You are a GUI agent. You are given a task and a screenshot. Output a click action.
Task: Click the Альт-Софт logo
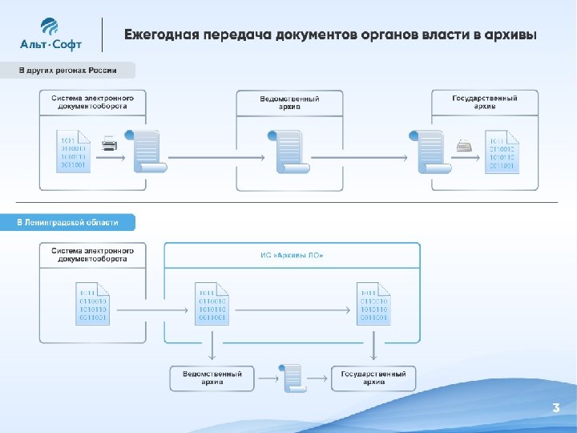pyautogui.click(x=50, y=35)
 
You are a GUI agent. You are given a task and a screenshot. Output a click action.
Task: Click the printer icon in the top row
pyautogui.click(x=110, y=145)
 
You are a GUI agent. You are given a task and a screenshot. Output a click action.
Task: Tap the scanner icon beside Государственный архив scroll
pyautogui.click(x=465, y=145)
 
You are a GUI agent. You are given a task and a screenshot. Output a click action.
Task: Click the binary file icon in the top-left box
pyautogui.click(x=74, y=151)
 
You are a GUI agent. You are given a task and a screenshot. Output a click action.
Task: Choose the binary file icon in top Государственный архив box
pyautogui.click(x=502, y=152)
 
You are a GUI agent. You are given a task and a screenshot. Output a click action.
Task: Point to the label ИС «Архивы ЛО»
pyautogui.click(x=292, y=255)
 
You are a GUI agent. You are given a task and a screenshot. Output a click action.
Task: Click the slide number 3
pyautogui.click(x=555, y=408)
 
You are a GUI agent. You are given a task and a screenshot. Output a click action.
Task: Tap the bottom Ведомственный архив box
pyautogui.click(x=212, y=378)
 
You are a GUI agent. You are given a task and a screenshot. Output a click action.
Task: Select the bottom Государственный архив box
pyautogui.click(x=373, y=378)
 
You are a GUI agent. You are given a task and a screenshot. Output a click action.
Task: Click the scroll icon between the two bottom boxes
pyautogui.click(x=293, y=377)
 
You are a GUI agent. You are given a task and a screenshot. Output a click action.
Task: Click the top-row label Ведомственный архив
pyautogui.click(x=289, y=102)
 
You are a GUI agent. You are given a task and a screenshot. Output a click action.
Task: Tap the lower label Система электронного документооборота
pyautogui.click(x=93, y=255)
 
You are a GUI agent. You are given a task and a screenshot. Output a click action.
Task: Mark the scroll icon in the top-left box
pyautogui.click(x=149, y=152)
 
